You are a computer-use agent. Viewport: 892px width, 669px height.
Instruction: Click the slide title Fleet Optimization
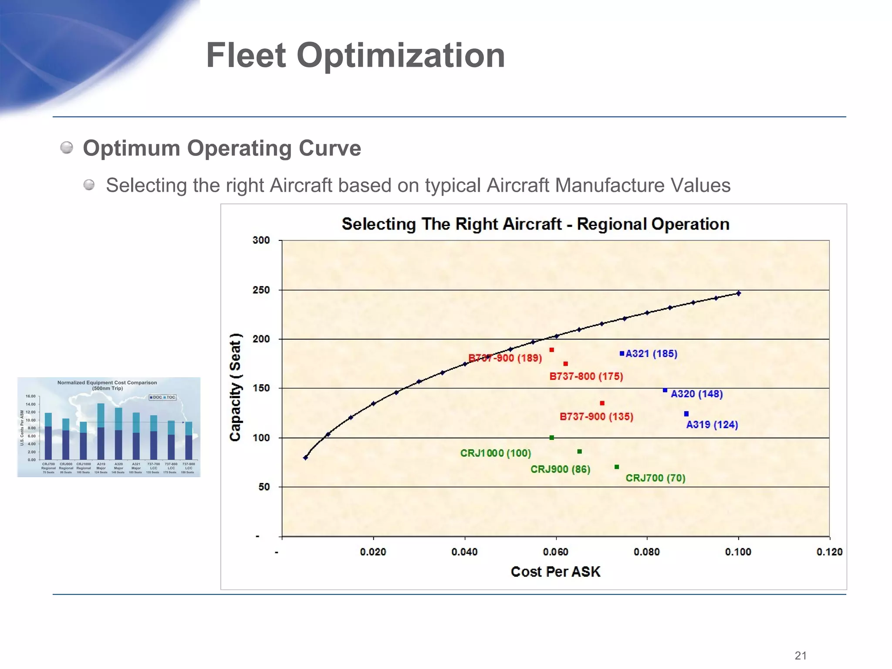[x=355, y=55]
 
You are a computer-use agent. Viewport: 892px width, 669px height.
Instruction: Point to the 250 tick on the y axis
[x=261, y=290]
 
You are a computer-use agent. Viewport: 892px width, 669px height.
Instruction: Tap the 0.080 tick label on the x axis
[x=647, y=552]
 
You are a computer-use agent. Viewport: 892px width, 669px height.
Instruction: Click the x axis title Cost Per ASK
[x=555, y=571]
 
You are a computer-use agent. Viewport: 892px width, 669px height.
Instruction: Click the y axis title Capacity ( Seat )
[x=235, y=388]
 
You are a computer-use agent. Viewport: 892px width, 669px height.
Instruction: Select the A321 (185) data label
[x=651, y=354]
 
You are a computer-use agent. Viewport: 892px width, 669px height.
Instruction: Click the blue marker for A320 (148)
[x=665, y=390]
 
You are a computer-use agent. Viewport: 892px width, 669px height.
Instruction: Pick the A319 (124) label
[x=712, y=425]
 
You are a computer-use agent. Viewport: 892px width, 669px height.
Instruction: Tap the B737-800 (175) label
[x=586, y=376]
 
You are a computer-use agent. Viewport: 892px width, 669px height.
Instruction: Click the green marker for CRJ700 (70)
[x=617, y=467]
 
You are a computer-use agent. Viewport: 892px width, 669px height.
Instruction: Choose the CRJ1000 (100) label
[x=496, y=453]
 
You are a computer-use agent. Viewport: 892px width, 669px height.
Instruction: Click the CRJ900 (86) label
[x=560, y=470]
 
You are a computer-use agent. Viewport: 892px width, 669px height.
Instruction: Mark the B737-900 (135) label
[x=596, y=417]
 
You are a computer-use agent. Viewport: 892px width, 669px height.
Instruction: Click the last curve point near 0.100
[x=739, y=294]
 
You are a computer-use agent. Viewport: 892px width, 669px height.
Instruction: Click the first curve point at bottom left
[x=305, y=458]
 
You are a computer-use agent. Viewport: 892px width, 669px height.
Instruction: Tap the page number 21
[x=801, y=655]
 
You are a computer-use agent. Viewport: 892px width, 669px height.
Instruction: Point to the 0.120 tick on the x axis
[x=829, y=552]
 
